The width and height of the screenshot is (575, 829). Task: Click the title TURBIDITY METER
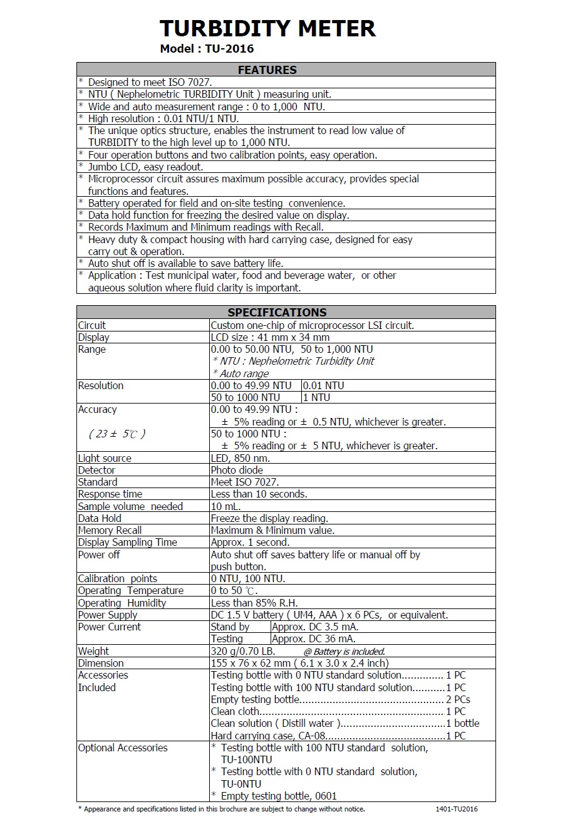coord(267,28)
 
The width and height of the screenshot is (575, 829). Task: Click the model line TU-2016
coord(207,49)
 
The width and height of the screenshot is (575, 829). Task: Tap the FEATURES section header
coord(267,70)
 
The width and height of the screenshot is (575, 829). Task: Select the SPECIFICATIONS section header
coord(277,312)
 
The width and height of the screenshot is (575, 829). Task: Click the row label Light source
coord(105,458)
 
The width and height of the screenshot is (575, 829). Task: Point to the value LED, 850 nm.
coord(241,458)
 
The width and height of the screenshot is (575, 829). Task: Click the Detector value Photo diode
coord(237,470)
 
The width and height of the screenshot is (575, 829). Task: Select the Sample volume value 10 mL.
coord(225,506)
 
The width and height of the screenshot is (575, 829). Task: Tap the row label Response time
coord(110,494)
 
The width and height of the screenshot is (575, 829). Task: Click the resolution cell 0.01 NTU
coord(323,385)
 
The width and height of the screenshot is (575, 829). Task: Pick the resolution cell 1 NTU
coord(316,397)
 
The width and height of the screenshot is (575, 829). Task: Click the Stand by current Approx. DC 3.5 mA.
coord(316,627)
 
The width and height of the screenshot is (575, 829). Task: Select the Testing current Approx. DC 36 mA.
coord(314,639)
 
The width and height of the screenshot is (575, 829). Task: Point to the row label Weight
coord(93,651)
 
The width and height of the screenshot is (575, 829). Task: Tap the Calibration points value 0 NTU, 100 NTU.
coord(248,578)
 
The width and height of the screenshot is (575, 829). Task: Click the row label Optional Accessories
coord(123,748)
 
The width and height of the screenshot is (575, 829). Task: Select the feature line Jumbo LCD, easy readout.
coord(145,167)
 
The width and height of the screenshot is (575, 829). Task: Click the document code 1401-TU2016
coord(457,809)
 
